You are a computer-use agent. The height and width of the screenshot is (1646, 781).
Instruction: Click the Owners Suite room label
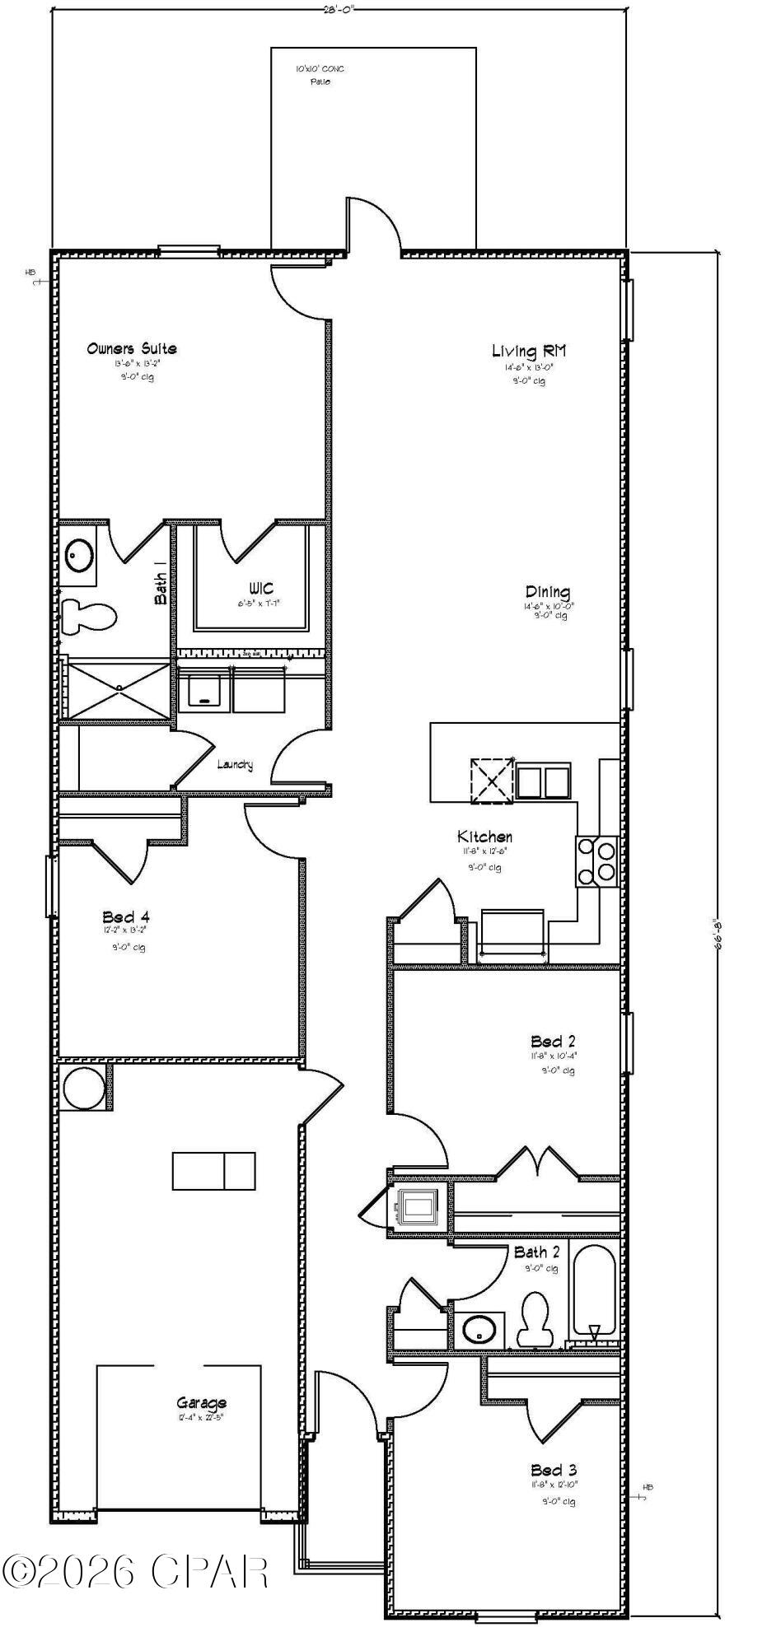(132, 348)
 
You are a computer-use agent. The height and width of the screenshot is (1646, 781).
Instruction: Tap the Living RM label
(529, 352)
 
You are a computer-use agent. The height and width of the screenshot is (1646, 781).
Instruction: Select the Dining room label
(548, 592)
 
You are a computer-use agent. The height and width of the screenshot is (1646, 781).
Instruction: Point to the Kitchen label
(485, 837)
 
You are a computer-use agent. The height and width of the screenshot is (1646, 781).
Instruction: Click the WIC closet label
(261, 590)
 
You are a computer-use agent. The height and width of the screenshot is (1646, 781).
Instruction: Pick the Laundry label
(235, 765)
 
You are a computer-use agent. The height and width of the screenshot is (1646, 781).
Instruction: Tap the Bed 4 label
(126, 916)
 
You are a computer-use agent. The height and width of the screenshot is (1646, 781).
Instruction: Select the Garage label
(201, 1403)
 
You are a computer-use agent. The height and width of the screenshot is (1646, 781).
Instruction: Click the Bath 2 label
(536, 1252)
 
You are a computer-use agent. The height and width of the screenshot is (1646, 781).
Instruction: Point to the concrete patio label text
(320, 75)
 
